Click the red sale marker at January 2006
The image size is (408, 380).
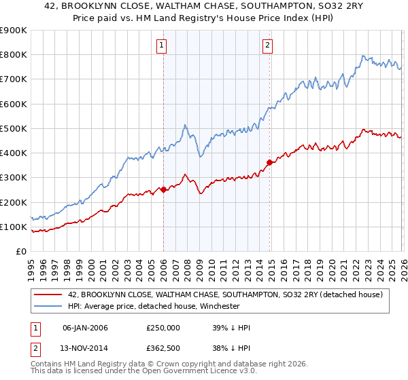163,190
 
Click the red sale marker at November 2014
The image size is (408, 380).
270,162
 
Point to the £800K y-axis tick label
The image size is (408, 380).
13,55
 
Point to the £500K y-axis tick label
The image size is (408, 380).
13,128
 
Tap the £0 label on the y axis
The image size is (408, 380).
20,251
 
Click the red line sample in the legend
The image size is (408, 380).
48,294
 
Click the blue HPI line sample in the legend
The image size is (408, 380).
48,306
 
